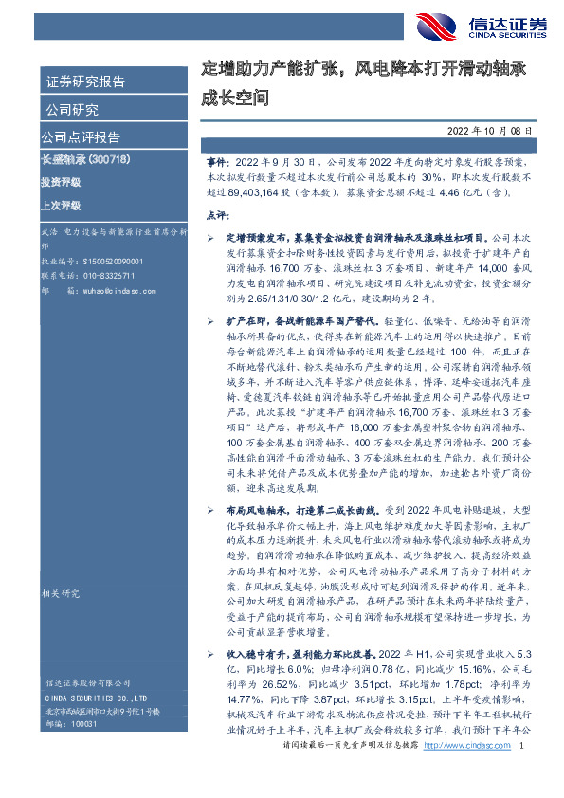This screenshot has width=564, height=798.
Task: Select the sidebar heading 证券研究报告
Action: coord(85,82)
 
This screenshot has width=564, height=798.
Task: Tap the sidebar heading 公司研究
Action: coord(72,109)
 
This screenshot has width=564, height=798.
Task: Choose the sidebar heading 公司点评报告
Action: coord(82,136)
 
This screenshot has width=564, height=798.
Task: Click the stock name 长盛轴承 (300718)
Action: coord(85,157)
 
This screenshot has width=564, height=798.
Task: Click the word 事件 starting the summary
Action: coord(217,163)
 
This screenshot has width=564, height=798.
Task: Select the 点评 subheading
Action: coord(218,215)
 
